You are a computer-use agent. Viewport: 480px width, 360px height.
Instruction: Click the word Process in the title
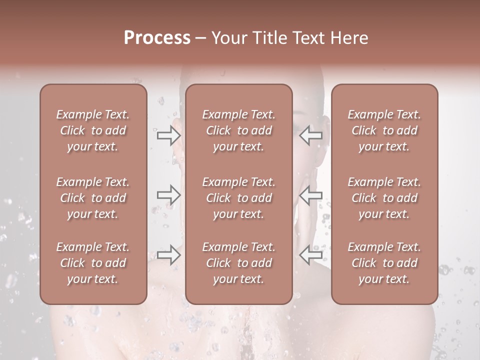157,38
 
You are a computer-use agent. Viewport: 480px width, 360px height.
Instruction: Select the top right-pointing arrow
169,135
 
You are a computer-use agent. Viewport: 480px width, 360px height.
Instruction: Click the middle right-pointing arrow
169,195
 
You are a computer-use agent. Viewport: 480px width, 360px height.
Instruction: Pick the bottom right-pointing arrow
169,255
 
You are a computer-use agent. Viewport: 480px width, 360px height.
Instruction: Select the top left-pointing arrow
310,135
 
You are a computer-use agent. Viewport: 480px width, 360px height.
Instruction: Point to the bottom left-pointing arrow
310,255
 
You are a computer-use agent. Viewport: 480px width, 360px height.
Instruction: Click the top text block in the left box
93,130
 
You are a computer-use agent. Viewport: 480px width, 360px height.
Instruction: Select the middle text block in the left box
93,198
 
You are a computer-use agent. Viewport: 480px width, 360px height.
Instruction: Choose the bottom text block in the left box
93,263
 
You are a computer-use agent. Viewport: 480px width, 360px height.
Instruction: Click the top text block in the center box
239,130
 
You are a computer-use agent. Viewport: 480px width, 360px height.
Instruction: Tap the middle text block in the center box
239,198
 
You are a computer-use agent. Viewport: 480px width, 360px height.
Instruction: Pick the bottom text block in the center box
239,263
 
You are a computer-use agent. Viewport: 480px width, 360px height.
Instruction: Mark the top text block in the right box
384,130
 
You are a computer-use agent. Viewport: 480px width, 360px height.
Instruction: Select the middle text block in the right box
384,198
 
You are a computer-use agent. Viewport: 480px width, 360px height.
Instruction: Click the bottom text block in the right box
384,263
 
